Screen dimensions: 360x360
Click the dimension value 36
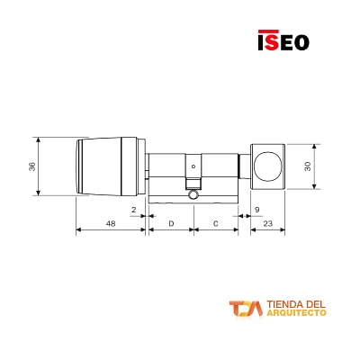pyautogui.click(x=32, y=166)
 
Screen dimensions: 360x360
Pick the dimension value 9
pyautogui.click(x=256, y=210)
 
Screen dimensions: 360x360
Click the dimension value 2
pyautogui.click(x=132, y=210)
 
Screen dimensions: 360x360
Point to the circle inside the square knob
pyautogui.click(x=266, y=165)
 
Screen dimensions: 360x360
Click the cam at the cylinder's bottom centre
pyautogui.click(x=193, y=194)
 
